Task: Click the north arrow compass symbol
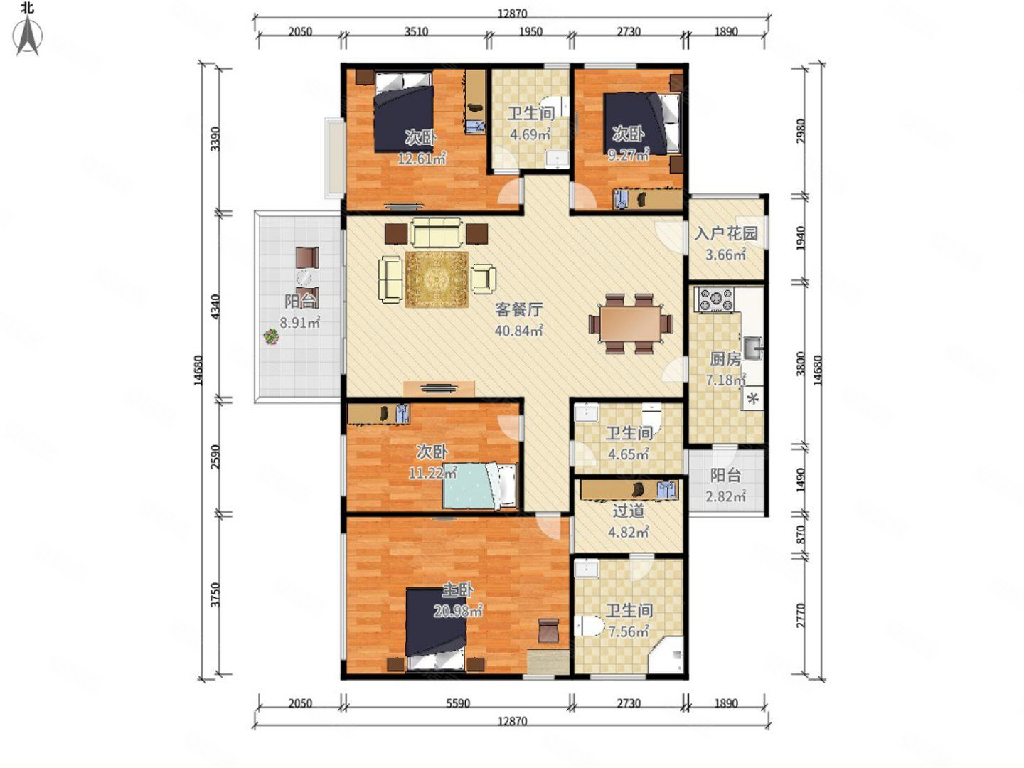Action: click(x=28, y=36)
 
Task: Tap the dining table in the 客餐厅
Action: click(x=630, y=324)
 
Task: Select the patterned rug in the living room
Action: click(x=437, y=279)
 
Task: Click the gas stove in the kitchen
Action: click(x=714, y=300)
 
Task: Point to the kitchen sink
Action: click(x=753, y=348)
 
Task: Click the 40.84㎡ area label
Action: click(x=519, y=331)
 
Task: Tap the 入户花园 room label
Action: click(x=726, y=233)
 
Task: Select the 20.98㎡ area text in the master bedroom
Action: click(x=458, y=611)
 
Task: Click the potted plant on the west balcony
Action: click(x=271, y=336)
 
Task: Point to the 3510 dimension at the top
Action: click(x=416, y=32)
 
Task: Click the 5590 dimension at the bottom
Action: click(x=458, y=703)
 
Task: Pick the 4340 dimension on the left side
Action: click(x=215, y=306)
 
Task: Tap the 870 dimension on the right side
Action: click(x=801, y=534)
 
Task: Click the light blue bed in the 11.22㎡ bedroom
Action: click(x=480, y=486)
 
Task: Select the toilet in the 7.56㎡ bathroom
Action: click(x=588, y=626)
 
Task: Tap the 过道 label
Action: click(x=629, y=511)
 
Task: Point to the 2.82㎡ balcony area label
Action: click(x=725, y=496)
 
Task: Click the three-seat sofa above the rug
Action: click(x=436, y=232)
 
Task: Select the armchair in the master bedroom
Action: click(x=548, y=631)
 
